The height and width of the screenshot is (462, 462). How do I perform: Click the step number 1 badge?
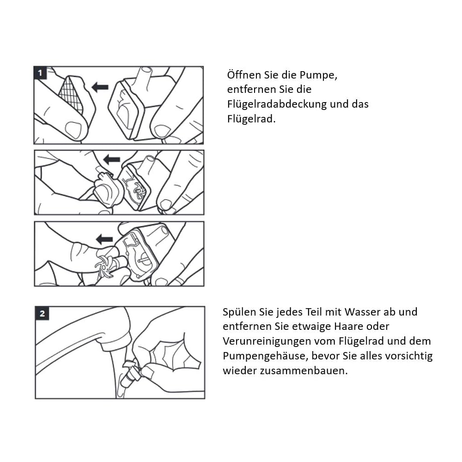pyautogui.click(x=40, y=73)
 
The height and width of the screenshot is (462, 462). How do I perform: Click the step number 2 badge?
pyautogui.click(x=42, y=314)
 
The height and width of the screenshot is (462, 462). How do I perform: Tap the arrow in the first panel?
pyautogui.click(x=100, y=87)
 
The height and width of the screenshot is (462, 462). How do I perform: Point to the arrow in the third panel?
pyautogui.click(x=104, y=239)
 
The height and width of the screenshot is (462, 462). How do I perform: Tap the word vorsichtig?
pyautogui.click(x=407, y=356)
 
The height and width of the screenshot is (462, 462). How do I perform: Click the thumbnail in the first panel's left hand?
pyautogui.click(x=73, y=129)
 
